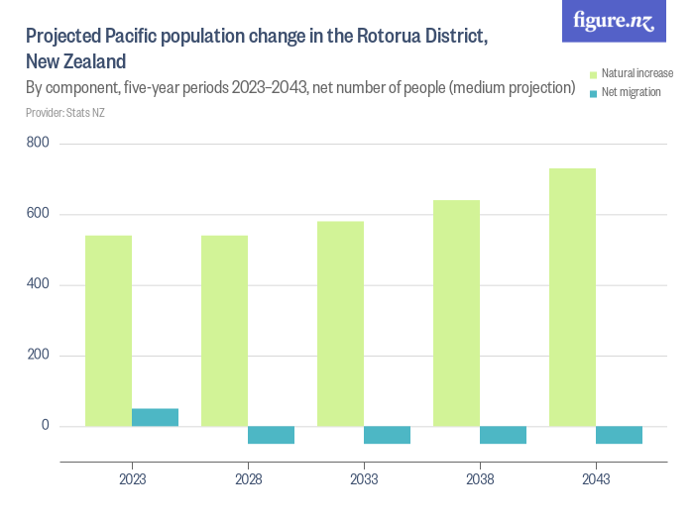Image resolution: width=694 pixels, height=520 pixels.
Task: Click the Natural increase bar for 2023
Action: (109, 331)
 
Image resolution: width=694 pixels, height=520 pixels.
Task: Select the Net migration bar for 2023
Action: (155, 417)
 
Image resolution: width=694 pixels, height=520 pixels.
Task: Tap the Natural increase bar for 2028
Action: (224, 331)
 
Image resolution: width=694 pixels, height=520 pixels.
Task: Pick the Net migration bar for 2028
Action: (271, 435)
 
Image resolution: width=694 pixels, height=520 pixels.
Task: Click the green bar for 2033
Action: (340, 324)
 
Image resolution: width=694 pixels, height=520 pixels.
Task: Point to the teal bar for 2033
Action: (387, 435)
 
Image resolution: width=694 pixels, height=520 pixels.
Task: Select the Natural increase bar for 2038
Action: (456, 313)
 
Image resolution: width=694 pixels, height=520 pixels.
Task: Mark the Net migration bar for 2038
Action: (503, 435)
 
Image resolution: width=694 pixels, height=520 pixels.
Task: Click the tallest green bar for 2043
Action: (572, 297)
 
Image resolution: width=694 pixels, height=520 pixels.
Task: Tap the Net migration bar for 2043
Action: (619, 435)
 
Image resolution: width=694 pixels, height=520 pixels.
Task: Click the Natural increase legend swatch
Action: (593, 74)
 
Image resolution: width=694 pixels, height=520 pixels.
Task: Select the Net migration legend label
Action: (632, 92)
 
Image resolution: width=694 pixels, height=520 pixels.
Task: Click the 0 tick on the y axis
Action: (45, 426)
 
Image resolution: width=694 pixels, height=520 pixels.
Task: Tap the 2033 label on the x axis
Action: (364, 478)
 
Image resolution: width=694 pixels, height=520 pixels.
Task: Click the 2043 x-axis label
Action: (596, 478)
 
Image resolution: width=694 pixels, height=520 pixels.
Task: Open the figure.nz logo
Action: (615, 22)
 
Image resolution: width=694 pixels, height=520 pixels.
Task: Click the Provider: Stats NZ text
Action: (65, 113)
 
